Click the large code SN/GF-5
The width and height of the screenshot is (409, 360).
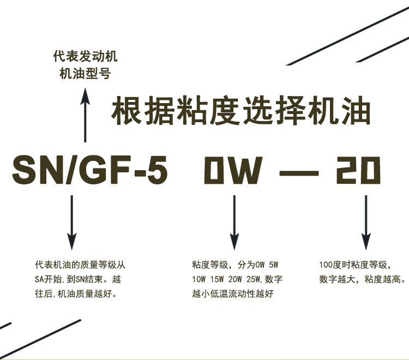click(x=90, y=170)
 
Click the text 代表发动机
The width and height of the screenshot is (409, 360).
click(x=85, y=57)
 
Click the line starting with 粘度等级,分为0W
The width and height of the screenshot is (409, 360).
click(x=235, y=266)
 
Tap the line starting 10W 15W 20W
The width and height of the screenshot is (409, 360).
click(x=237, y=280)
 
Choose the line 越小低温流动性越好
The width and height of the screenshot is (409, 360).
click(x=232, y=295)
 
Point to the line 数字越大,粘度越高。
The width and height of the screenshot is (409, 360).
click(x=362, y=280)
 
